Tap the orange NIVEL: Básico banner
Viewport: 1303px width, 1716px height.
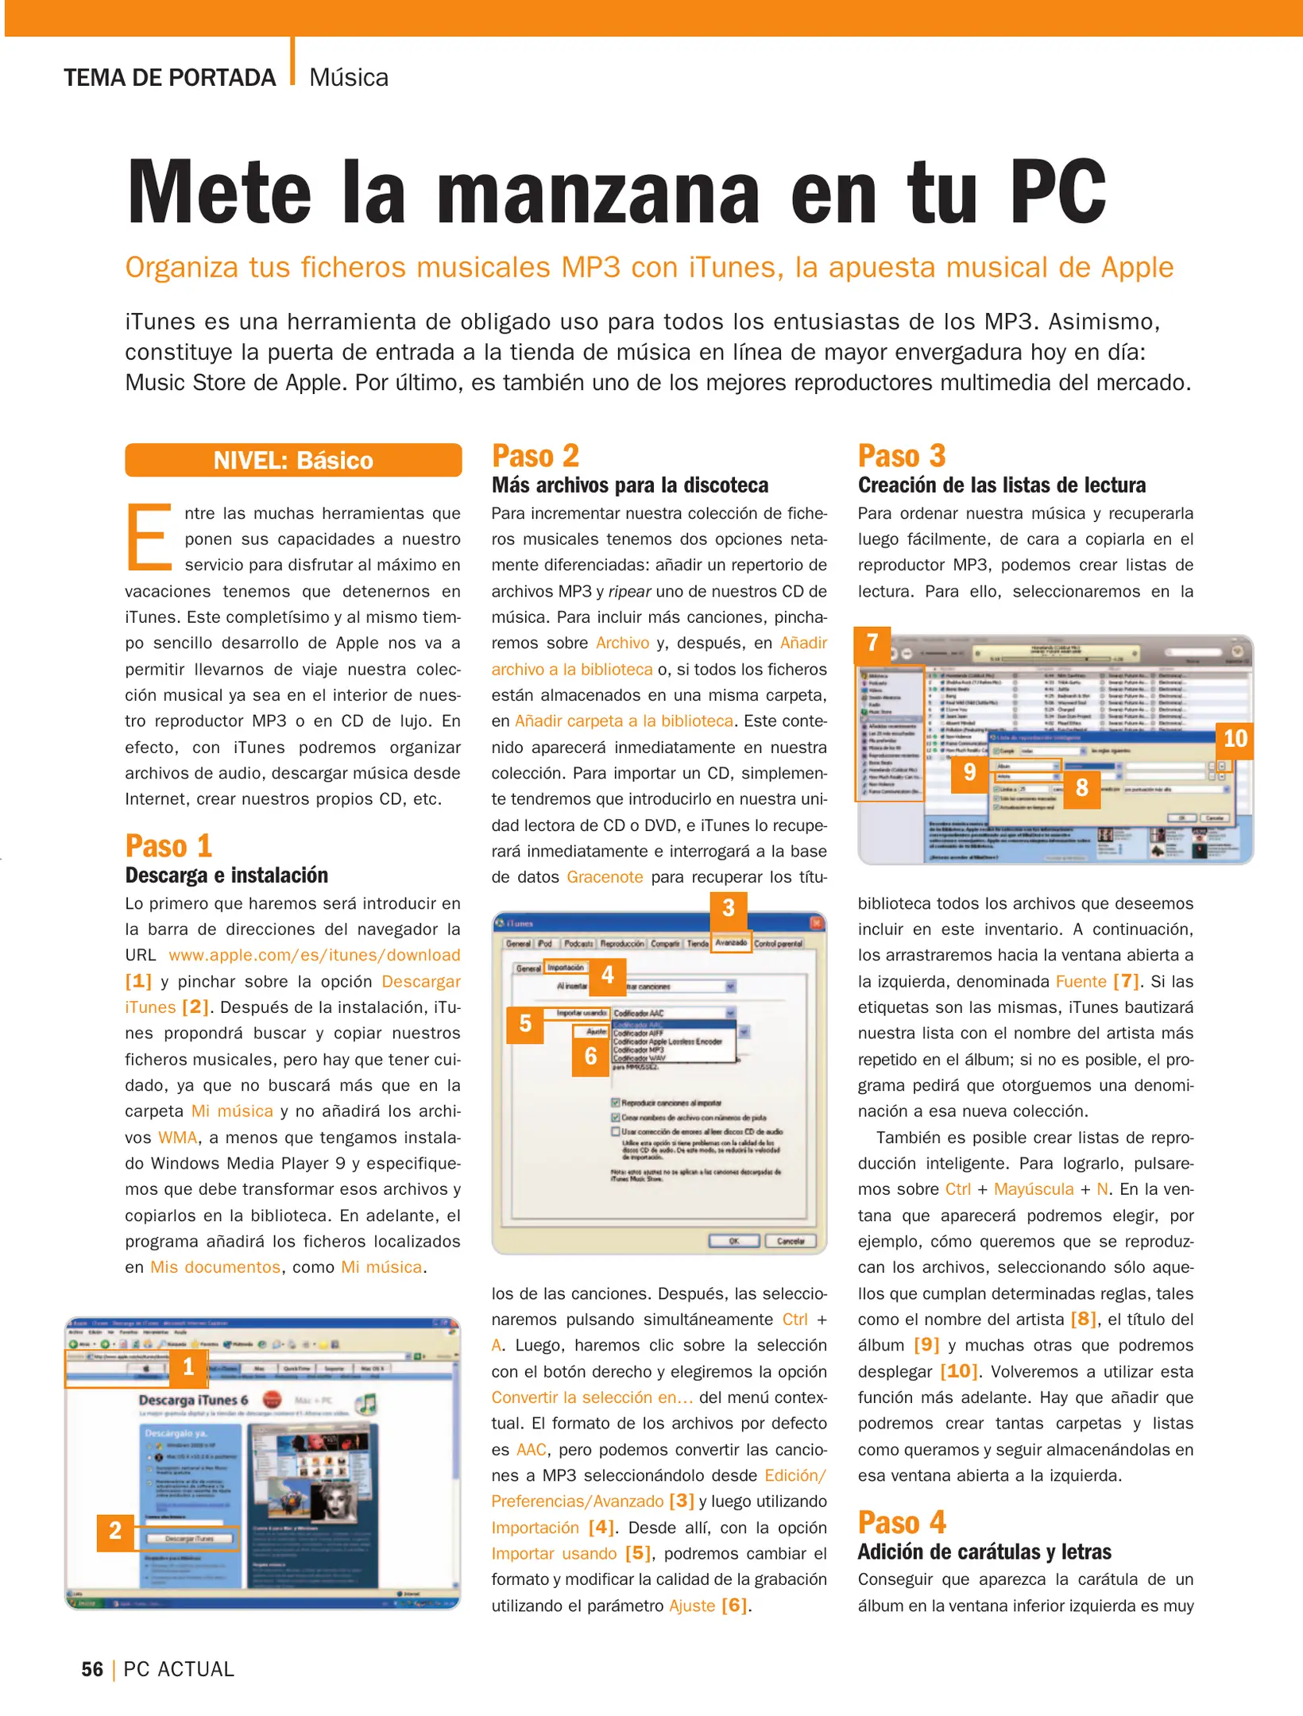pos(293,461)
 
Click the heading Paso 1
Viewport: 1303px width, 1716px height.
pos(169,846)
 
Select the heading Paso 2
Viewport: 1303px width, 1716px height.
pos(536,456)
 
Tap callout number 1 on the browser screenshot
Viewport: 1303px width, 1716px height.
pos(188,1366)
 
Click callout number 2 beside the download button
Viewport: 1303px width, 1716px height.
pos(115,1530)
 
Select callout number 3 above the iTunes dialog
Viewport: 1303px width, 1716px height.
pos(729,908)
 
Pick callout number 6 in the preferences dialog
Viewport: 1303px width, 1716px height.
pos(590,1056)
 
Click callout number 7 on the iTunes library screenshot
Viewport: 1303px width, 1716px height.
pos(872,643)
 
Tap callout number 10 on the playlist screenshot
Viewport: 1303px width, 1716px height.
pos(1235,739)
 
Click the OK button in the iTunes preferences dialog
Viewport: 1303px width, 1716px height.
pos(733,1241)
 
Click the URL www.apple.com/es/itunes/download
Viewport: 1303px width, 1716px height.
pos(314,955)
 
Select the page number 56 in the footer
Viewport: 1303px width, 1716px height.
pos(92,1669)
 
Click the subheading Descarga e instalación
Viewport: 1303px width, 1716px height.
pos(226,875)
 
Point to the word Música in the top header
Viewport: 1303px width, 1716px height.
pos(349,78)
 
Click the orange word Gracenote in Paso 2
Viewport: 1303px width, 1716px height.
pos(605,877)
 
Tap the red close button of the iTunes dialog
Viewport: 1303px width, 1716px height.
pos(816,923)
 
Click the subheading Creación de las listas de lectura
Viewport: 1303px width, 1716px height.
pos(1001,485)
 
